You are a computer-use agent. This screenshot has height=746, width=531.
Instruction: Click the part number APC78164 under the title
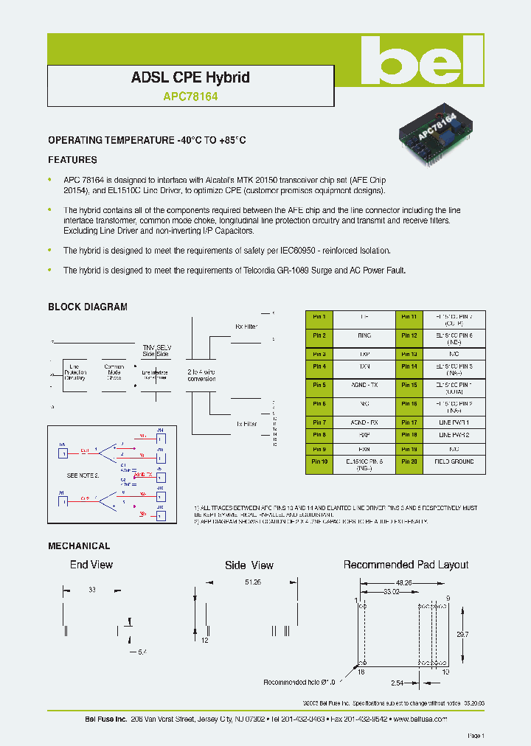point(190,96)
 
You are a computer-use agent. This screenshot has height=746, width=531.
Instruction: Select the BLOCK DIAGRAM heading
point(88,307)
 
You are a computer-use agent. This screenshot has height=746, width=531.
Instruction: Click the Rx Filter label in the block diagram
point(246,325)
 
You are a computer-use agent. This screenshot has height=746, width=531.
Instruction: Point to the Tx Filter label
point(246,425)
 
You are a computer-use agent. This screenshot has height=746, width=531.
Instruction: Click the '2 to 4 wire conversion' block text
point(201,375)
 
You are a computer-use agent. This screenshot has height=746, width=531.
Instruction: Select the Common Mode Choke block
point(114,372)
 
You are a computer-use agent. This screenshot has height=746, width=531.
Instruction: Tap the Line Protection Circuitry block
point(75,372)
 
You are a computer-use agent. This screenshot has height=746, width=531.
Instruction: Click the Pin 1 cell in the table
point(319,316)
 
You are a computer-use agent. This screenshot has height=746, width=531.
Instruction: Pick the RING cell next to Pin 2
point(364,335)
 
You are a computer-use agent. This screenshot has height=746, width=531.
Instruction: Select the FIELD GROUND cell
point(454,461)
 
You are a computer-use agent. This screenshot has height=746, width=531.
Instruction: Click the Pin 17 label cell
point(409,422)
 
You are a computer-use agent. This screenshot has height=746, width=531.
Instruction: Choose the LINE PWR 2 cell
point(454,435)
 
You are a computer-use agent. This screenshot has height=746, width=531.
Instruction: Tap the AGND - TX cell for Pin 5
point(364,385)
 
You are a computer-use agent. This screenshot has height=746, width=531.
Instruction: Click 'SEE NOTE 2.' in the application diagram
point(83,475)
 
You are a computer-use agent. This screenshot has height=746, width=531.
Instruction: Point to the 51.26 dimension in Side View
point(253,582)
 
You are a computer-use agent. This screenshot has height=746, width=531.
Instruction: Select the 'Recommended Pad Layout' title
point(406,565)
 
